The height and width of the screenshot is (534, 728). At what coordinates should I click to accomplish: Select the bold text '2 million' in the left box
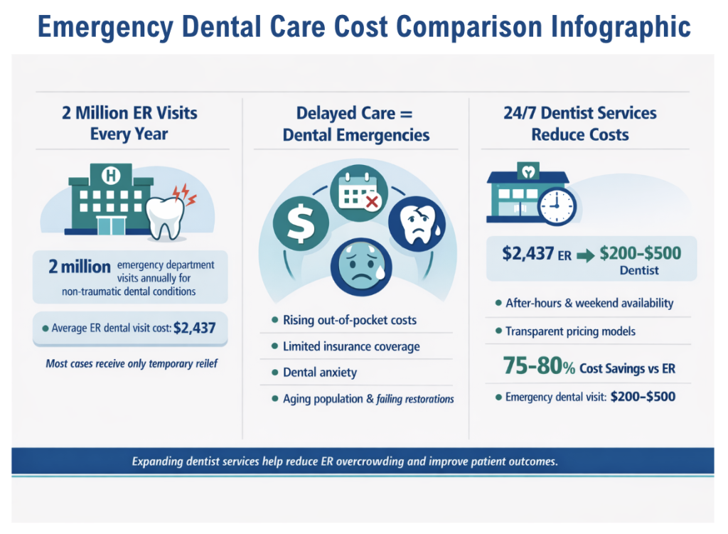(x=79, y=267)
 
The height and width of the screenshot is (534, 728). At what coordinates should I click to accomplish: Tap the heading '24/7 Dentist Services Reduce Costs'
(x=579, y=124)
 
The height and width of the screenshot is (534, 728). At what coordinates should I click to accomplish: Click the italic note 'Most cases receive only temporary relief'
(x=131, y=364)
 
